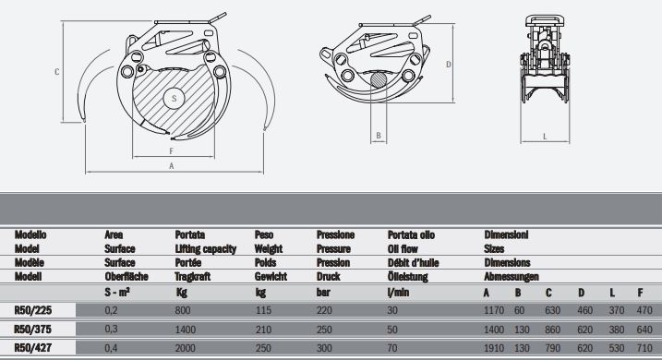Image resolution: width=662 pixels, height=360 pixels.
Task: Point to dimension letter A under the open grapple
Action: (171, 166)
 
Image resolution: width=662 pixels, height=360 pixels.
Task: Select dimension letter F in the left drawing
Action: (172, 148)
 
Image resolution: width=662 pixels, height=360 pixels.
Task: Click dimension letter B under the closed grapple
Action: (379, 136)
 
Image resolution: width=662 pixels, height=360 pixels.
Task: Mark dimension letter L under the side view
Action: (546, 136)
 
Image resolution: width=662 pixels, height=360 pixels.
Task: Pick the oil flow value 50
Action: (393, 329)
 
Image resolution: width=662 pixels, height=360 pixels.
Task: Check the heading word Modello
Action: (31, 234)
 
